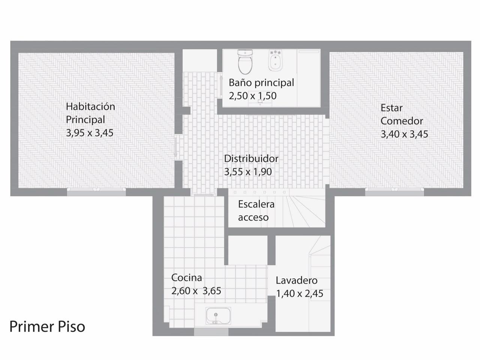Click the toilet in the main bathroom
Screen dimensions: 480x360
245,62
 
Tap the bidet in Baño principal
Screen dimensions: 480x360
276,60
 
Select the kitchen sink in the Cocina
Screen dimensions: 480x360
218,316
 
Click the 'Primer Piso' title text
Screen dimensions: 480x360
47,327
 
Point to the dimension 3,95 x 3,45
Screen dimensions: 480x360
90,133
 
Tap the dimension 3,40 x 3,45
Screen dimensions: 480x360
404,134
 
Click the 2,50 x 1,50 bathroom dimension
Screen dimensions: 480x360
253,96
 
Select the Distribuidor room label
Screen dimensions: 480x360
251,159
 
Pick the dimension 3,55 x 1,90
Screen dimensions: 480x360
248,172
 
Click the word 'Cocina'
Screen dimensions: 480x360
186,277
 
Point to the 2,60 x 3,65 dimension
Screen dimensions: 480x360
196,291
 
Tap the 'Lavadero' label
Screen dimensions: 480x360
297,280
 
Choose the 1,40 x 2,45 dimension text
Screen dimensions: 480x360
300,294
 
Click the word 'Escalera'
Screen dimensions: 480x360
256,204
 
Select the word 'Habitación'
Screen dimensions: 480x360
90,106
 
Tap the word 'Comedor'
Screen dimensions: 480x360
402,121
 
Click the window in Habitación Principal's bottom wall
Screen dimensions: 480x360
96,192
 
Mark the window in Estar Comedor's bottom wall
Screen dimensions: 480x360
394,192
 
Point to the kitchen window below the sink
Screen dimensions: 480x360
211,331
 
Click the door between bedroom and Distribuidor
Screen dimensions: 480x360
175,147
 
